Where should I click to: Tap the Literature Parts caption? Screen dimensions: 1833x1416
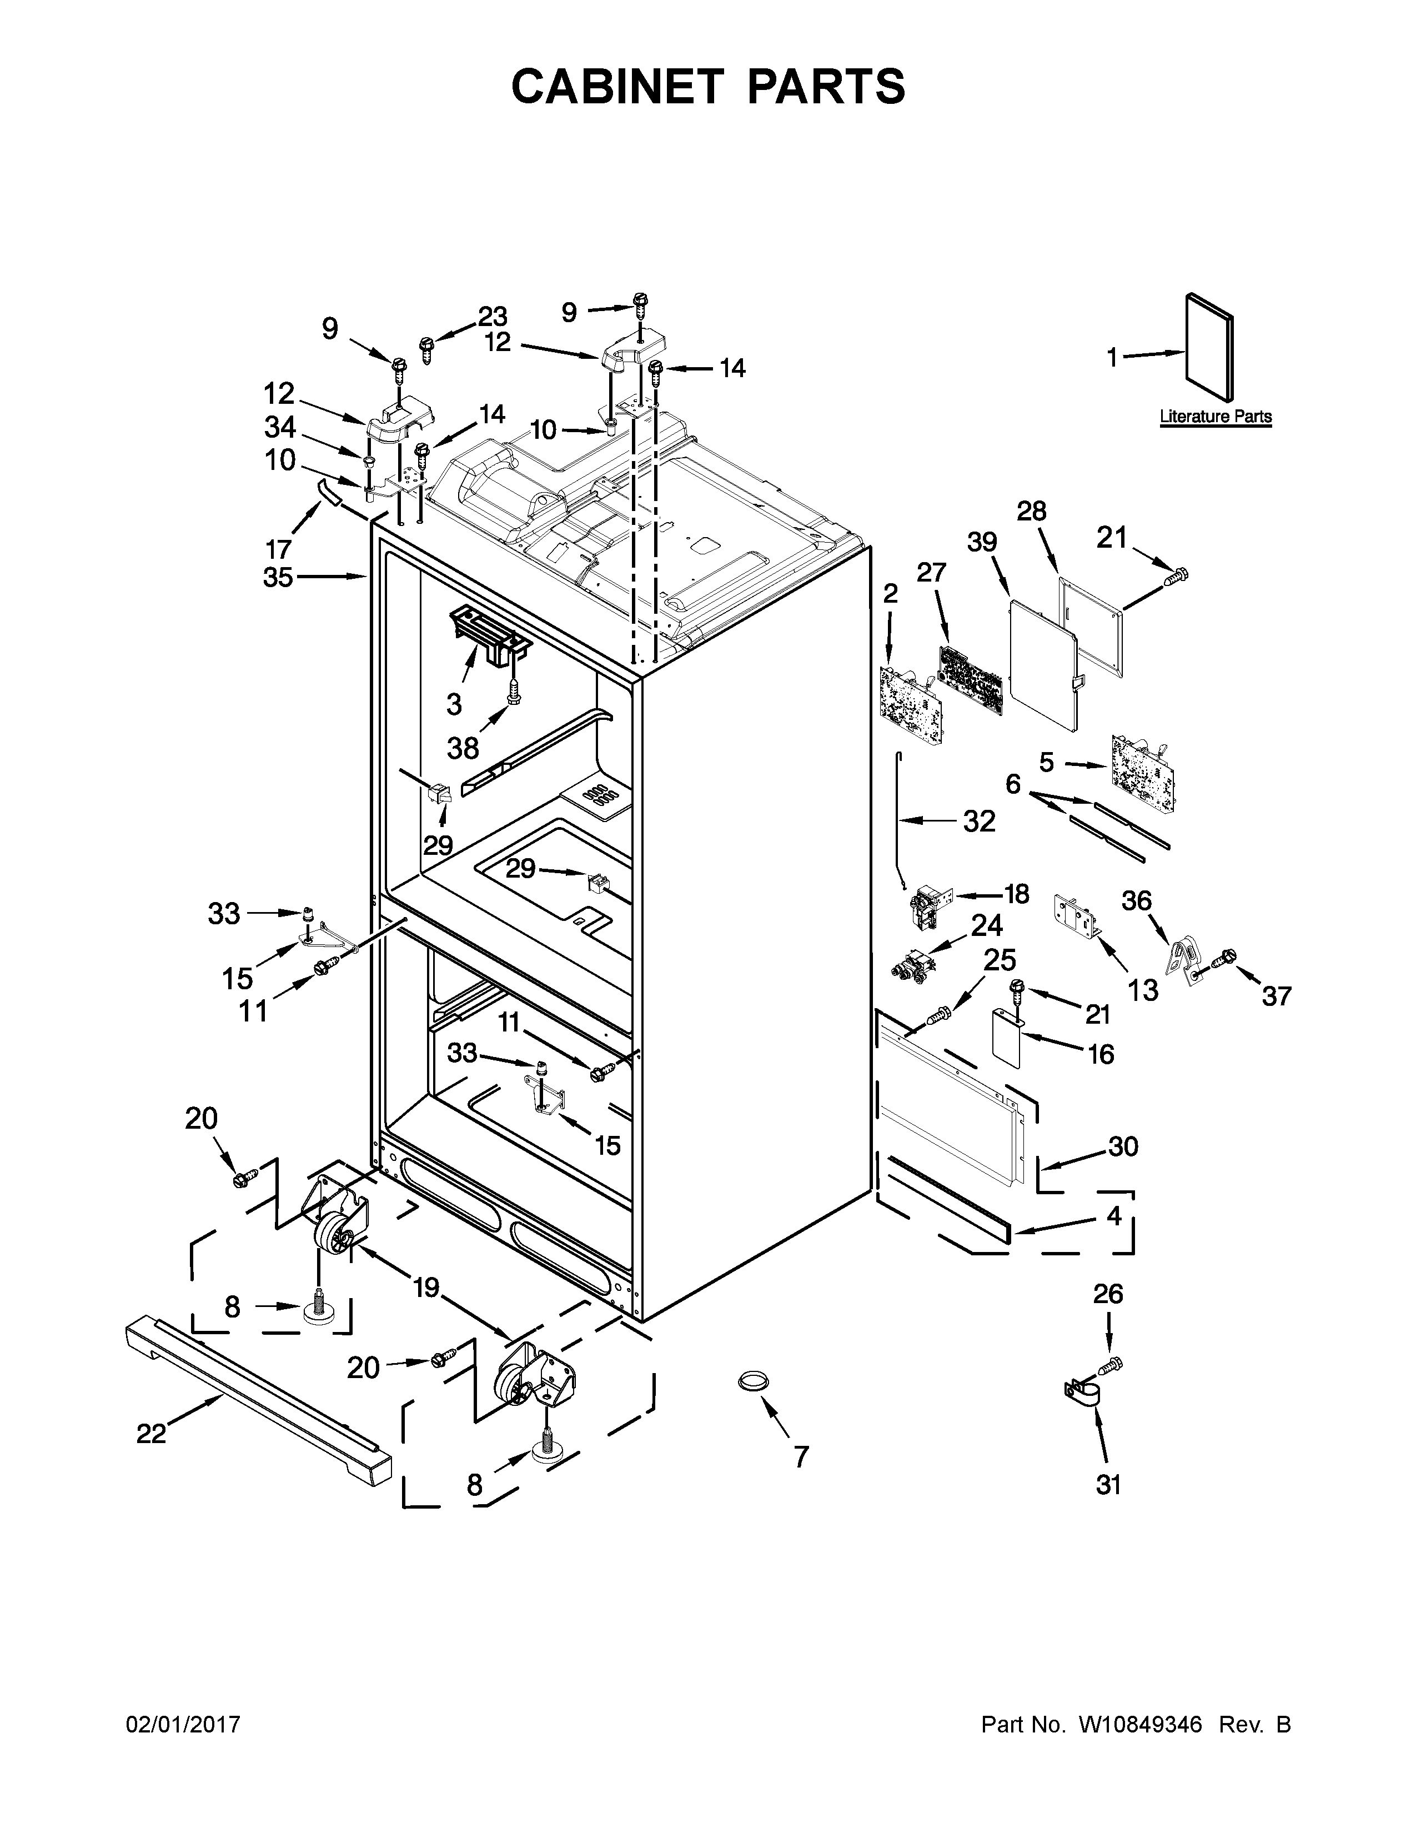(x=1216, y=416)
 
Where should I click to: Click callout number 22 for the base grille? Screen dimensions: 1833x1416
(x=151, y=1434)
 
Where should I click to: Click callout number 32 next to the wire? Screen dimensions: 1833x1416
(x=978, y=821)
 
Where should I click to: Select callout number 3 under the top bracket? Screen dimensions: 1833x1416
(x=454, y=704)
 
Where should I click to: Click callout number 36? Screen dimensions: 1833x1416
(x=1137, y=900)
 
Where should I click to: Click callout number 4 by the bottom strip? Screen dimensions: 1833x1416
(x=1113, y=1215)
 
